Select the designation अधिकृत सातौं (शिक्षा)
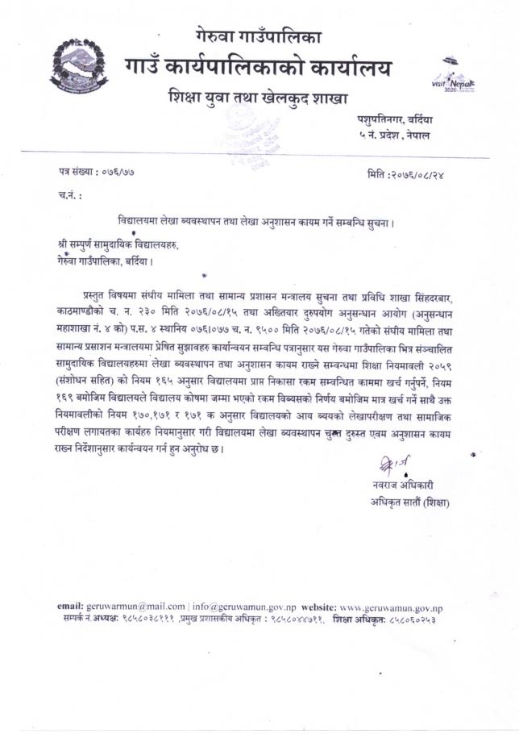[405, 503]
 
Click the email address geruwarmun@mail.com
[131, 606]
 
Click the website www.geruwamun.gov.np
[391, 606]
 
